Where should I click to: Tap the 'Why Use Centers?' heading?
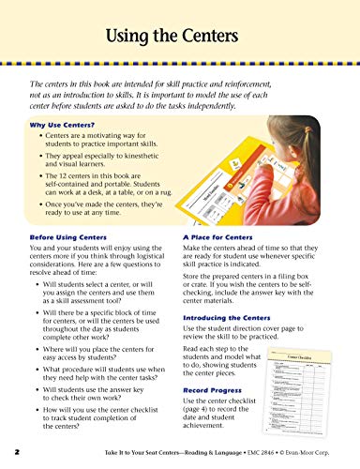(62, 124)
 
